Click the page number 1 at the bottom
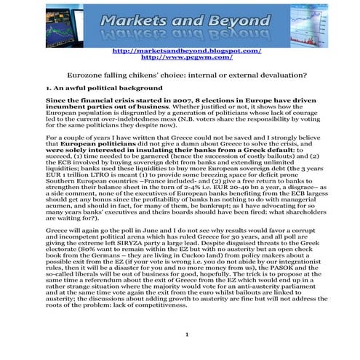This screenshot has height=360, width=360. [x=187, y=335]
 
